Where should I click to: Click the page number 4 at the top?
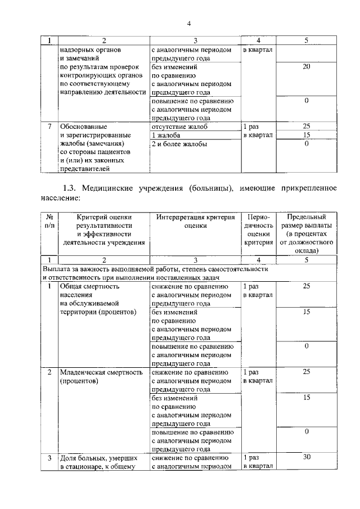click(189, 23)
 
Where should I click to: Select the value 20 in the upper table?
click(307, 67)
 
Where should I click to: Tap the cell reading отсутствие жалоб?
click(179, 127)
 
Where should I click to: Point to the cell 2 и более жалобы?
click(179, 144)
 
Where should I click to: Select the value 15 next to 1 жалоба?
click(307, 136)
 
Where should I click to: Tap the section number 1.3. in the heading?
click(74, 187)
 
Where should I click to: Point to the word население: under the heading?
click(62, 197)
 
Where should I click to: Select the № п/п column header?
click(49, 221)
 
